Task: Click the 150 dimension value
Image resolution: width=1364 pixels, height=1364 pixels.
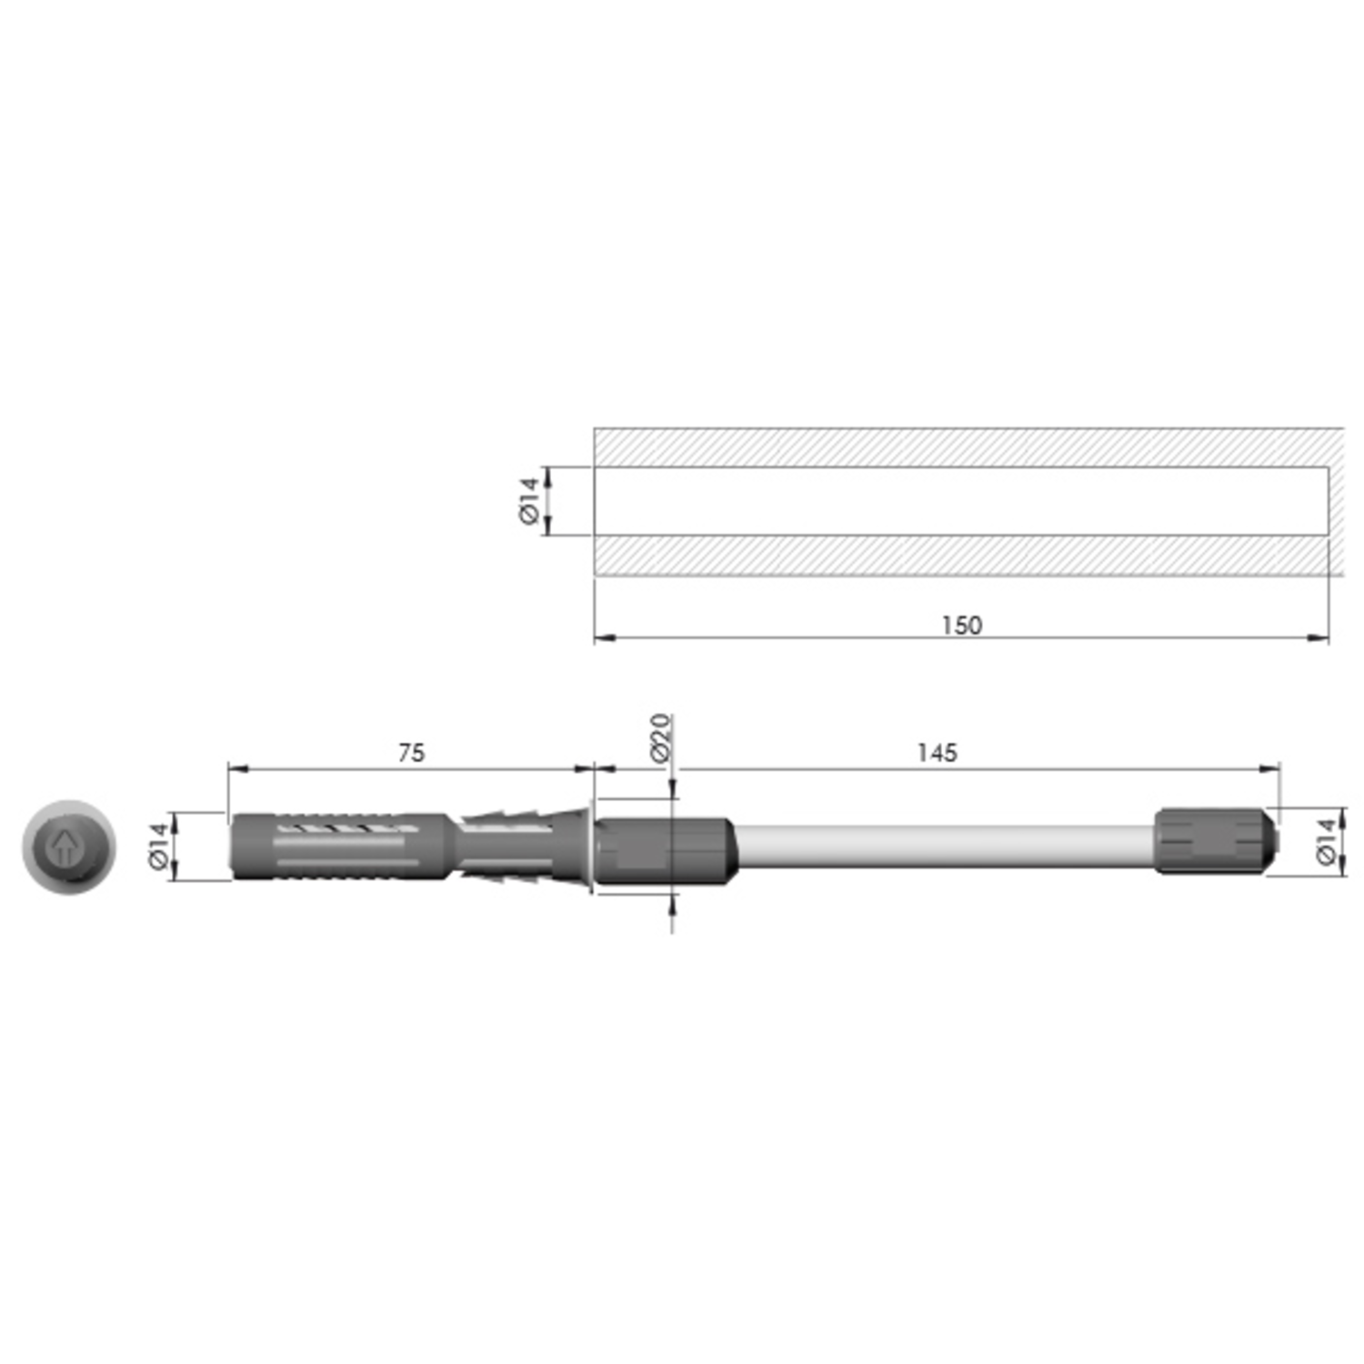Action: pyautogui.click(x=961, y=626)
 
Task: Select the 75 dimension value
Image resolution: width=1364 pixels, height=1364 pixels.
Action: pyautogui.click(x=411, y=753)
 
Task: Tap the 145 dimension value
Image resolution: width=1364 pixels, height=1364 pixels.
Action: pyautogui.click(x=937, y=753)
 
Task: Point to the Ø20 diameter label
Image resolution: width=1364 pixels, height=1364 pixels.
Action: pyautogui.click(x=660, y=737)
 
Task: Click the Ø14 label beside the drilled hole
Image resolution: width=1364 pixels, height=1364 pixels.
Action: pyautogui.click(x=528, y=501)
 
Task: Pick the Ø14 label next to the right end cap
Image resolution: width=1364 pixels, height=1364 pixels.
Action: pyautogui.click(x=1327, y=841)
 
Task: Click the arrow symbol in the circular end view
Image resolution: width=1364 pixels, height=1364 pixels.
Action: pyautogui.click(x=64, y=847)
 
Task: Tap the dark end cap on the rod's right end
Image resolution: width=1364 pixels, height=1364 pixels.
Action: pyautogui.click(x=1216, y=840)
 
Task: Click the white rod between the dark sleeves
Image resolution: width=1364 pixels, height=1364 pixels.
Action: pyautogui.click(x=945, y=846)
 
